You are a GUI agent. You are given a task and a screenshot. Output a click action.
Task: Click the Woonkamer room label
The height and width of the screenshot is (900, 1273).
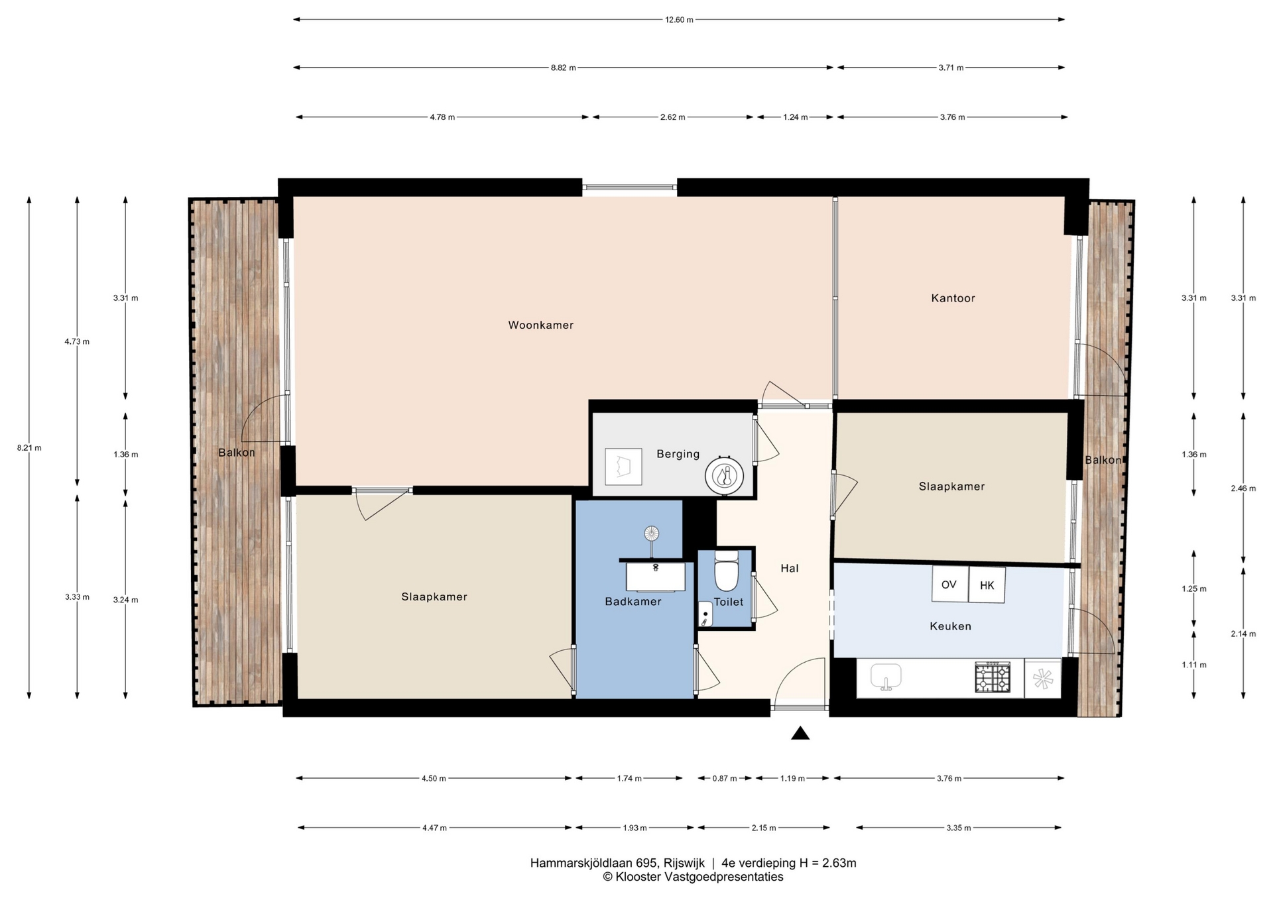coord(540,325)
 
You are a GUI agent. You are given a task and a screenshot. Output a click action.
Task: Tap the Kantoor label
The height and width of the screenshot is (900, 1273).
coord(953,298)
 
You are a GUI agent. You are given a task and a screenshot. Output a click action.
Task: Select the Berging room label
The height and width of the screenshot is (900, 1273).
coord(678,454)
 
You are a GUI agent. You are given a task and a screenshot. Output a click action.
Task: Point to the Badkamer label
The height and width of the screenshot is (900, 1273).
coord(633,602)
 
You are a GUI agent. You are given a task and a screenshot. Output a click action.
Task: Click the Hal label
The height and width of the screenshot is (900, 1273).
coord(789,568)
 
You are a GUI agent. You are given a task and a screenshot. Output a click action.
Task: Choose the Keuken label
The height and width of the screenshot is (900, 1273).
coord(950,626)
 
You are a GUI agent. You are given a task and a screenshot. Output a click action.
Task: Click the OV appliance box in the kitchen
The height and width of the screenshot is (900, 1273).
coord(949,584)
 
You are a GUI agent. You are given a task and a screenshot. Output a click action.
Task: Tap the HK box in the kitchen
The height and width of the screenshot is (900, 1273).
coord(987,585)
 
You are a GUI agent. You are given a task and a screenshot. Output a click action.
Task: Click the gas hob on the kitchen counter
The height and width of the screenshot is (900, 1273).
coord(993,678)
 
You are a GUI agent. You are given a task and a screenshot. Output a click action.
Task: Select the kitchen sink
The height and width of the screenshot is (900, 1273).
coord(886,677)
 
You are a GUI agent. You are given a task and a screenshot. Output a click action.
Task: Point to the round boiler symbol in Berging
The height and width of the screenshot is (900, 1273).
coord(723,476)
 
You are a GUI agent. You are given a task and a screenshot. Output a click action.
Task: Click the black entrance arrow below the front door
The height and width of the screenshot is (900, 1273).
coord(800,733)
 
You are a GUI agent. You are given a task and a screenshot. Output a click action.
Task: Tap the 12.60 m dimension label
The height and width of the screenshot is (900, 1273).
coord(679,20)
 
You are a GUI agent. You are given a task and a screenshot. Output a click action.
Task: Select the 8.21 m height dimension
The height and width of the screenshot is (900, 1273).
coord(29,448)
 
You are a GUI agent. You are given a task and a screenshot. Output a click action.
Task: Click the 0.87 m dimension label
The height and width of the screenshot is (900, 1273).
coord(725,779)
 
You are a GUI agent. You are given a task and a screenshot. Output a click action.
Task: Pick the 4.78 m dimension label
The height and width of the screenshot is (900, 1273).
coord(442,117)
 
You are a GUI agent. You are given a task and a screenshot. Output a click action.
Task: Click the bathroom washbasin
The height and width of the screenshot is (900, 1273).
coord(656,576)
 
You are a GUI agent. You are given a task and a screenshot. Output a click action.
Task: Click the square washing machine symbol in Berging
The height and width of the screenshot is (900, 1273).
coord(623,467)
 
